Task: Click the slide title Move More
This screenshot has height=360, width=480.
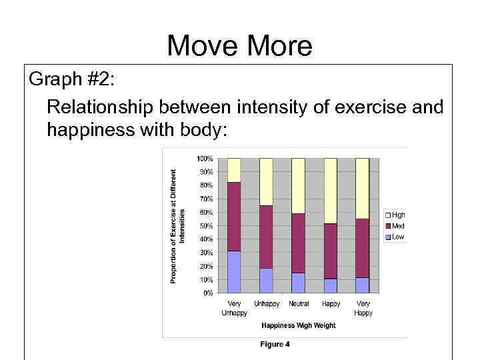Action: click(239, 46)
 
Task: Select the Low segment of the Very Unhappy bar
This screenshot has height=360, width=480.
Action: click(234, 271)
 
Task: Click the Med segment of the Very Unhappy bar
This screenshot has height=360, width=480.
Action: click(234, 216)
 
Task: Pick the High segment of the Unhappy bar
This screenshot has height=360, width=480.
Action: click(266, 181)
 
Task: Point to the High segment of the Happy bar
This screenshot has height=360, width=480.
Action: click(331, 191)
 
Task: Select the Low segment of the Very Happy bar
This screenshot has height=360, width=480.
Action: click(363, 285)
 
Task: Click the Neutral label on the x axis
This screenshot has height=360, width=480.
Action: click(299, 304)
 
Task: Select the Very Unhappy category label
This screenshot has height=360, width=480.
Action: click(234, 308)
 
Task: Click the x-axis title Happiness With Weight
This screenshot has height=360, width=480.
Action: click(298, 325)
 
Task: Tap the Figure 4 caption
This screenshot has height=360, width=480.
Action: click(275, 345)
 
